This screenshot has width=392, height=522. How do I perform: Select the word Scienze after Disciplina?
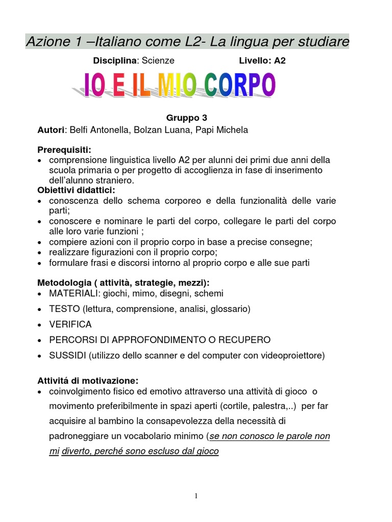click(x=158, y=61)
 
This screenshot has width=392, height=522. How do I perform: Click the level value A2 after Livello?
click(x=280, y=61)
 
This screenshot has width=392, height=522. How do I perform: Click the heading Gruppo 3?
click(x=186, y=118)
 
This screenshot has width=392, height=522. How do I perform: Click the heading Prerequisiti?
click(x=64, y=150)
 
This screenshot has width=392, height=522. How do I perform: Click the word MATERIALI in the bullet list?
click(x=73, y=294)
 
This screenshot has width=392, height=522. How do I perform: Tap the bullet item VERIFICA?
click(x=70, y=324)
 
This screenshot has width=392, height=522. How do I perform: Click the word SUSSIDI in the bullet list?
click(x=68, y=355)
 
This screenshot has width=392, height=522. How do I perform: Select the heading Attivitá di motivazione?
click(x=88, y=380)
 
